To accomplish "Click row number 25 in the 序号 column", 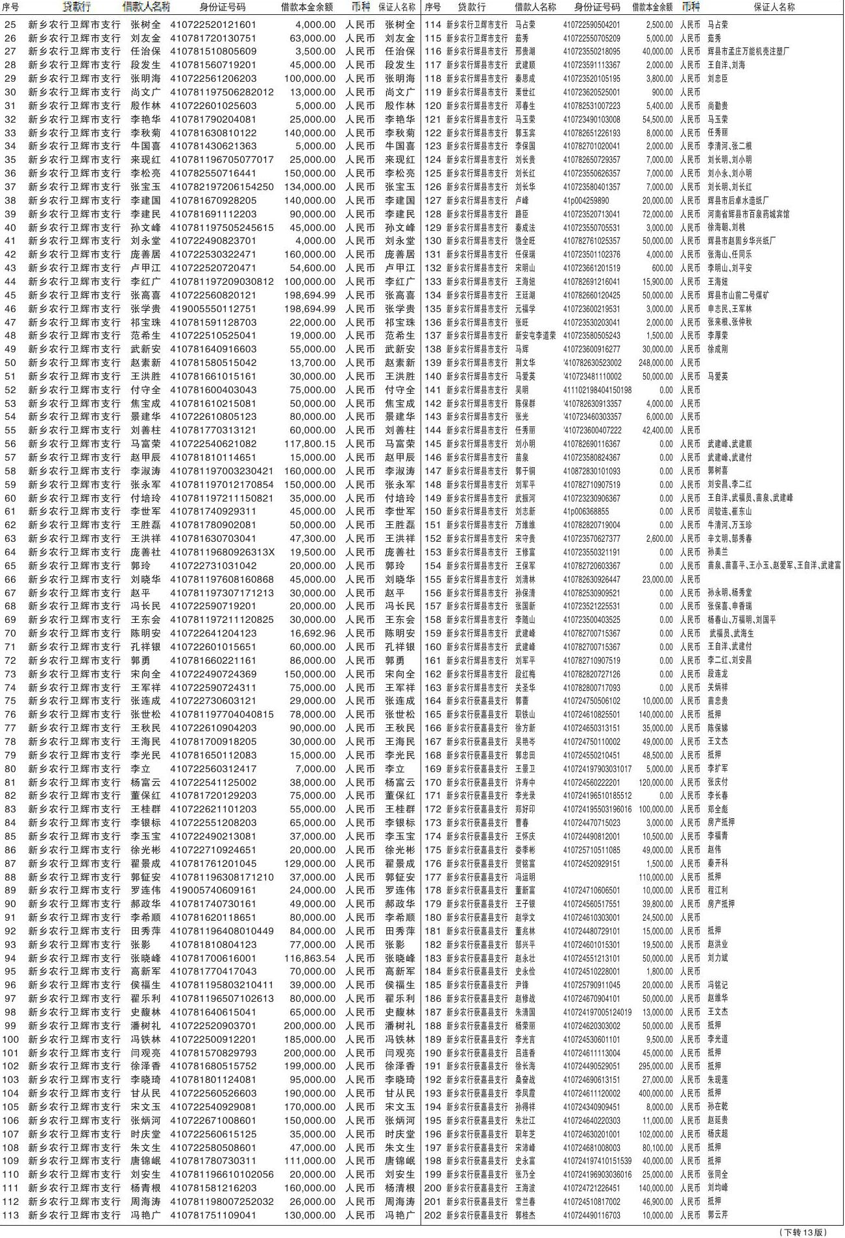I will (10, 25).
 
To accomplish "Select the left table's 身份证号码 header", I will (222, 8).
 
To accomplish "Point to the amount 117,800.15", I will (310, 444).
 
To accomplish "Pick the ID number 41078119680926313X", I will (222, 552).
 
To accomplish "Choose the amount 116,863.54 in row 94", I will (310, 958).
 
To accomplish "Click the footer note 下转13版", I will (803, 1232).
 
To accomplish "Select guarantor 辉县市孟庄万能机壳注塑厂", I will (748, 51).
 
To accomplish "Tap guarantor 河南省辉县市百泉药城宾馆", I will (748, 214).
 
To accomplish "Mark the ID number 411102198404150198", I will (597, 390).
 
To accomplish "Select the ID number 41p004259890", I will (586, 200).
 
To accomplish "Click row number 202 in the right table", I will (433, 1215).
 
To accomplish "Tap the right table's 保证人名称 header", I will (774, 8).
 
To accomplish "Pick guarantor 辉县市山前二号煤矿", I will (739, 295).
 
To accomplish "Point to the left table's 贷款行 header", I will (77, 8).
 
